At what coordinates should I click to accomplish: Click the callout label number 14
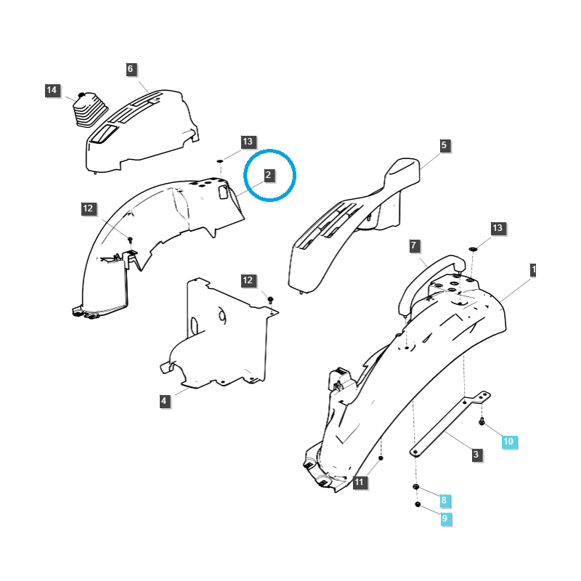point(52,90)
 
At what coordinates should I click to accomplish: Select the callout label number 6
point(131,69)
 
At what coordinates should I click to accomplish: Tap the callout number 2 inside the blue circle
point(268,175)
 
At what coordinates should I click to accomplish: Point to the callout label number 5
point(444,145)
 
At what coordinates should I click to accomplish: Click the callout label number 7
point(413,245)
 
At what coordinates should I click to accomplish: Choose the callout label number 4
point(164,400)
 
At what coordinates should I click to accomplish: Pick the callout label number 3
point(476,455)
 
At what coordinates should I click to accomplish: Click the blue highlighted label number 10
point(508,441)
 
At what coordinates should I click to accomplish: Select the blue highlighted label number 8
point(444,500)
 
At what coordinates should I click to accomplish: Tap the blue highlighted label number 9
point(444,519)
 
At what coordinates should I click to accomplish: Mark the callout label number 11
point(359,482)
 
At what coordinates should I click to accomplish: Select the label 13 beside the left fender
point(248,142)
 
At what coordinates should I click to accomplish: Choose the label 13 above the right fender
point(497,228)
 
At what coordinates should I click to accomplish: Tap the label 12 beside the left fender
point(88,208)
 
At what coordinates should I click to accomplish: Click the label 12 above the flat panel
point(248,280)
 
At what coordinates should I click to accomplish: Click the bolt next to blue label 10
point(482,422)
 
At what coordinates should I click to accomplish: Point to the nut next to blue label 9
point(418,504)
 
